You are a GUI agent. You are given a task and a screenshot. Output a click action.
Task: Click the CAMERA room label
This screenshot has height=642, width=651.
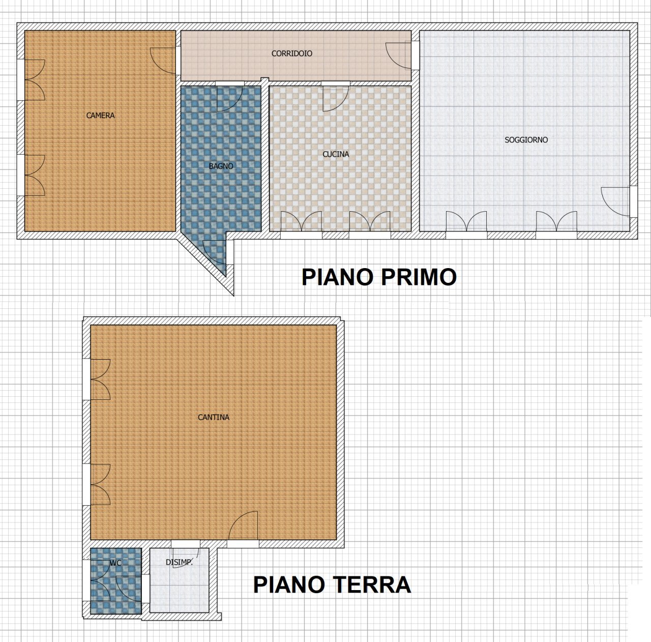coord(100,115)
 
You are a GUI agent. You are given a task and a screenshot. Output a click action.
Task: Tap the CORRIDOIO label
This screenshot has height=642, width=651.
coord(291,53)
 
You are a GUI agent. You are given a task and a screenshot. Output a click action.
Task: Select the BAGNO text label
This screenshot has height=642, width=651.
coord(221,166)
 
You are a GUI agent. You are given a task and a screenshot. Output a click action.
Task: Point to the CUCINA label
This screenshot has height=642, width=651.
coord(336,154)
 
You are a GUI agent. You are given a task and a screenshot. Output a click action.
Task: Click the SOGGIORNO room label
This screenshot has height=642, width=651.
coord(526,139)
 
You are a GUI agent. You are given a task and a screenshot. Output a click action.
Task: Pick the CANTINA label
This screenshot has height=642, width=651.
coord(214,417)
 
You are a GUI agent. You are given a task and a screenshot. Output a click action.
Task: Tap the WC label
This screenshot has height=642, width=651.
coord(115,563)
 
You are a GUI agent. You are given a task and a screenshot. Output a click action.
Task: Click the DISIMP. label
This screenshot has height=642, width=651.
coord(179,562)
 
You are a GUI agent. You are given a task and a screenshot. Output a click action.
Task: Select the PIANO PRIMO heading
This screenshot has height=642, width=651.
coord(379,277)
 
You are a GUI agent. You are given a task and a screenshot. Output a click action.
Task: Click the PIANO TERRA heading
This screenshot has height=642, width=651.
coord(332,585)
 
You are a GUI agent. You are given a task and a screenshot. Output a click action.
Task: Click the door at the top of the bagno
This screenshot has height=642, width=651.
coord(229,98)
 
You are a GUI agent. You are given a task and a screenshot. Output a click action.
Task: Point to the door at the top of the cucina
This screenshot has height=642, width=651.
coord(335,98)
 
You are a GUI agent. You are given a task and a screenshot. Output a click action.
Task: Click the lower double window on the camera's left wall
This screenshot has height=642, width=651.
coord(35,176)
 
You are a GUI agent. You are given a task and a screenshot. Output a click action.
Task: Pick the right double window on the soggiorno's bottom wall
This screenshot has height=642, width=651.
coord(556,222)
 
